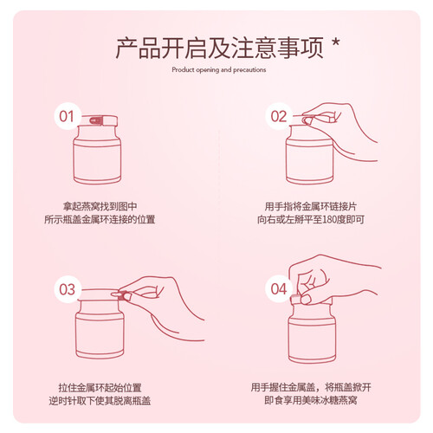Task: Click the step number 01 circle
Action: (x=68, y=116)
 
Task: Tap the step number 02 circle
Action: (x=279, y=116)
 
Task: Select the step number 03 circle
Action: (x=68, y=289)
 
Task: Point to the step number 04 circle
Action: (x=279, y=288)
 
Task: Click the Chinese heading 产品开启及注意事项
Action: (x=219, y=48)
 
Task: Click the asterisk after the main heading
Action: (x=336, y=43)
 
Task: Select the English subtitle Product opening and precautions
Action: (x=219, y=69)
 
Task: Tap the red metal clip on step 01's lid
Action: (x=96, y=120)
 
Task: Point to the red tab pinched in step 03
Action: (x=125, y=295)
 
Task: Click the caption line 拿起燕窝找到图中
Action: (x=100, y=207)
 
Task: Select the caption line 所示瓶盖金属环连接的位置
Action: (x=100, y=220)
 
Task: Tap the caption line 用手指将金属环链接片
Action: (x=311, y=207)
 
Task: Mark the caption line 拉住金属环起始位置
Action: (x=100, y=388)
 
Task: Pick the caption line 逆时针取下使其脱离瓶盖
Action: (x=100, y=401)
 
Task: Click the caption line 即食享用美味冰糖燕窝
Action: (x=311, y=401)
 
